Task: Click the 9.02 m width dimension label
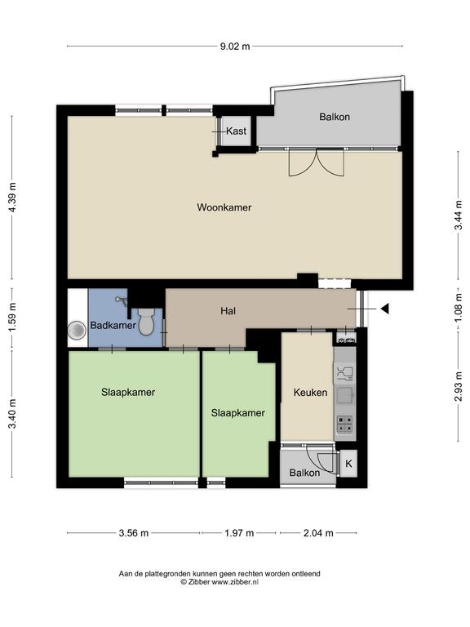(x=235, y=47)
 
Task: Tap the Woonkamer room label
(x=224, y=207)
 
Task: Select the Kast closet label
(x=236, y=131)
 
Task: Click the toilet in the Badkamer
(x=147, y=322)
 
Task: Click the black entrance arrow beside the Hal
(x=385, y=309)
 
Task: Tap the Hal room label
(x=228, y=311)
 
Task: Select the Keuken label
(x=311, y=392)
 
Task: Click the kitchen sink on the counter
(x=344, y=395)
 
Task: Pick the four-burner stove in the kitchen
(x=345, y=425)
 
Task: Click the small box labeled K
(x=348, y=464)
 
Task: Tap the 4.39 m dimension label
(x=12, y=198)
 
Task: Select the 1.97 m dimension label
(x=239, y=533)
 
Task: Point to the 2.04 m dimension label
(x=318, y=533)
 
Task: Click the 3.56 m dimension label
(x=134, y=533)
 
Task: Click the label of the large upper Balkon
(x=335, y=117)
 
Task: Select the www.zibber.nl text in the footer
(x=235, y=582)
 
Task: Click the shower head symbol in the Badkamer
(x=121, y=300)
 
